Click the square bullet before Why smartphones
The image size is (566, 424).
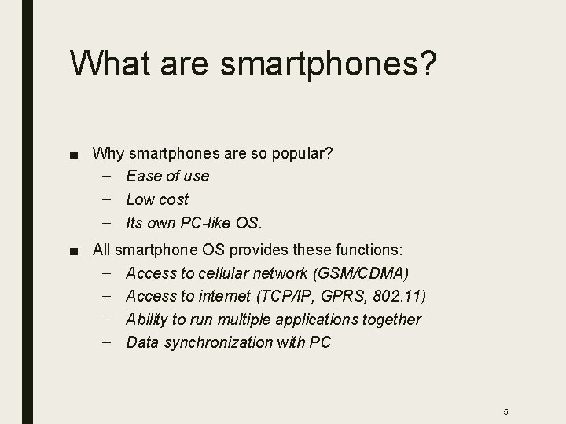73,153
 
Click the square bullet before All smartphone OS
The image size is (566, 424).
73,251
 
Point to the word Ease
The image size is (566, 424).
142,176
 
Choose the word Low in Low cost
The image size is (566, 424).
139,199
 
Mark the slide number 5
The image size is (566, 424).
506,390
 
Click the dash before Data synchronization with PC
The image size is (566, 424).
107,342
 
